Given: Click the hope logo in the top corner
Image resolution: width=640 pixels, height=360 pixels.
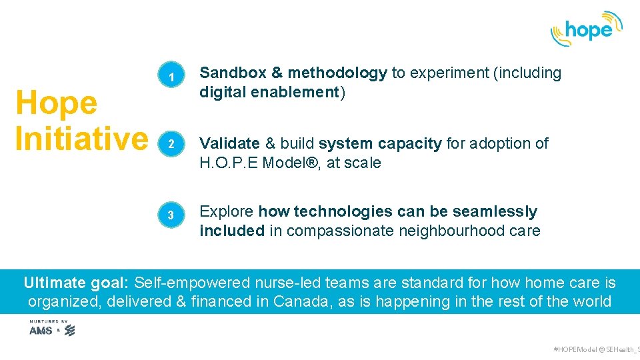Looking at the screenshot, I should tap(586, 29).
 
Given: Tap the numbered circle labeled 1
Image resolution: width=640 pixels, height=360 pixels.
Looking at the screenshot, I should tap(171, 78).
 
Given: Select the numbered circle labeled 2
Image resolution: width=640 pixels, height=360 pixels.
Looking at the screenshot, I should tap(171, 145).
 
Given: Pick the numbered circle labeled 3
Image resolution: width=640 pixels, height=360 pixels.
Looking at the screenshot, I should tap(171, 215).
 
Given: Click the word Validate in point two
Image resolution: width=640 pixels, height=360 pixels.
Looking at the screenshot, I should tap(230, 143).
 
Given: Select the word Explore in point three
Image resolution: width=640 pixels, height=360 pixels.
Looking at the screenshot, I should tap(227, 212).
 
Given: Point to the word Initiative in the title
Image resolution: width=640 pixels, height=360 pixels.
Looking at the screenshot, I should tap(81, 139).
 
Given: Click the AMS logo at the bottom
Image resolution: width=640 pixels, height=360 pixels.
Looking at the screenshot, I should tap(41, 330).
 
